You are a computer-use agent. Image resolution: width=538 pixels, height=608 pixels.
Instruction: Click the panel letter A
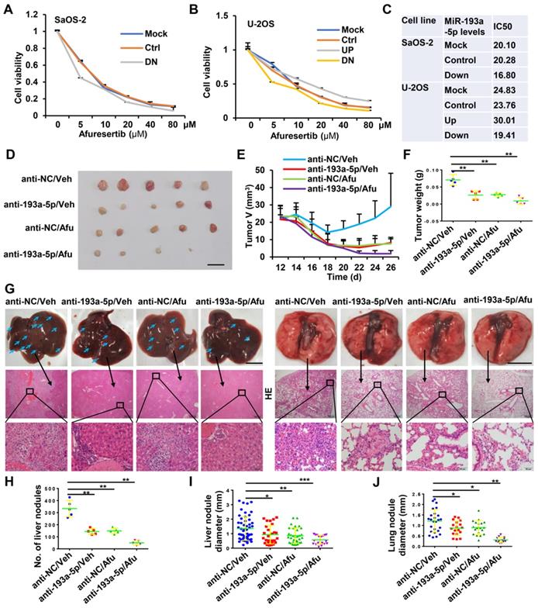(8, 7)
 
